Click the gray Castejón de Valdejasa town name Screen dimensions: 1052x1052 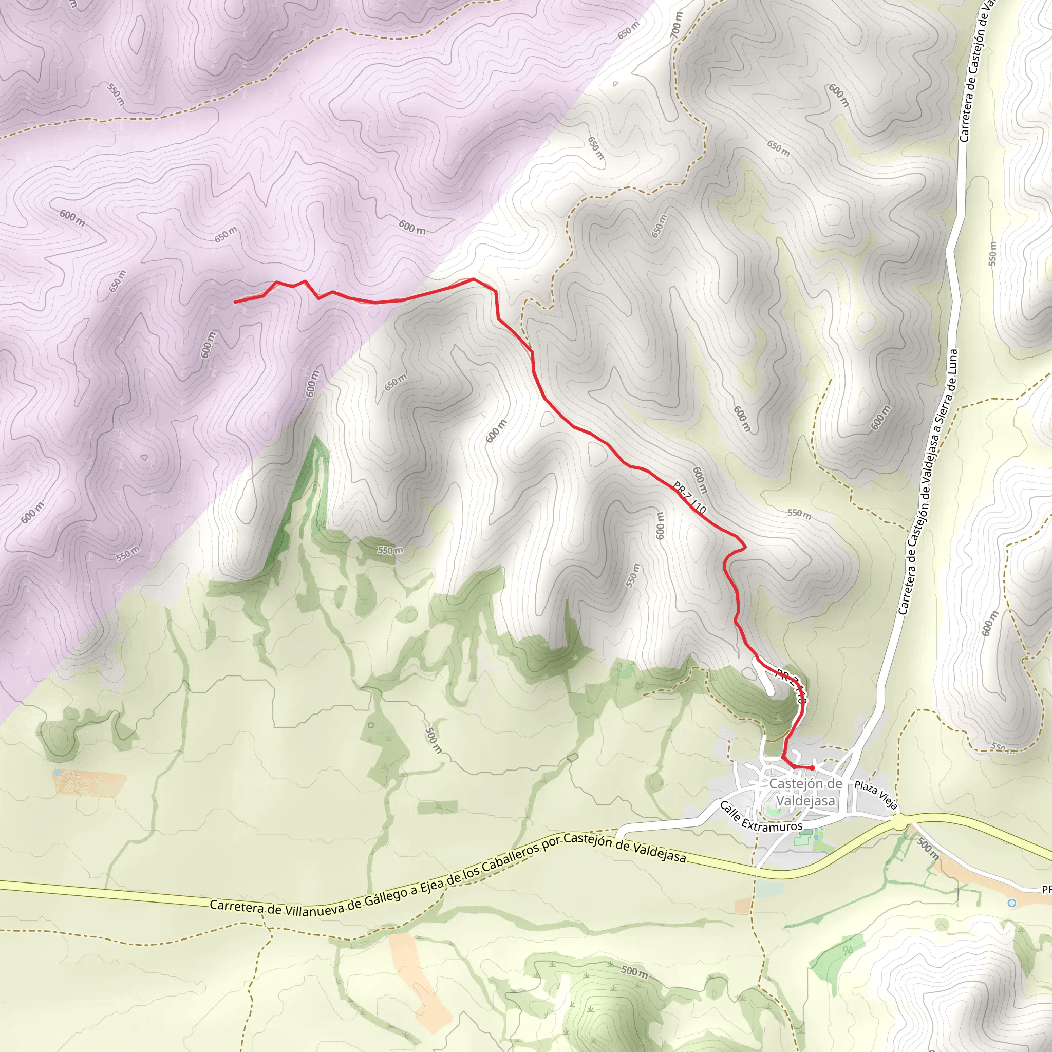coord(805,792)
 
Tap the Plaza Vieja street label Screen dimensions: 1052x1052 coord(875,796)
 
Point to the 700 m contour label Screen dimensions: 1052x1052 coord(676,25)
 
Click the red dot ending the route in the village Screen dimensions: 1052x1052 coord(813,768)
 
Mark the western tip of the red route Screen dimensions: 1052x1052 coord(235,302)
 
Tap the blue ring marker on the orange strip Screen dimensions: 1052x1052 coord(1012,903)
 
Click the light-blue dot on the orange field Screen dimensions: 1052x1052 coord(57,773)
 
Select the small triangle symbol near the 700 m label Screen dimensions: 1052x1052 coord(616,84)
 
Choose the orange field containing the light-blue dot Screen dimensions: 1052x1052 coord(89,783)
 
